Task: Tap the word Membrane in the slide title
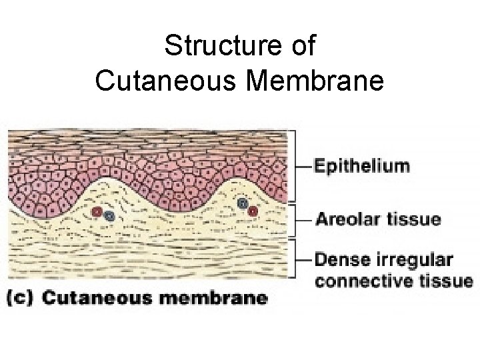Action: pyautogui.click(x=323, y=81)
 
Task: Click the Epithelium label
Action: pyautogui.click(x=362, y=165)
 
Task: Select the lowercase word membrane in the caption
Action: pyautogui.click(x=211, y=298)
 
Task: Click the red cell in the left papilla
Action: pyautogui.click(x=97, y=212)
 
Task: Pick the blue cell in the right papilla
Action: pyautogui.click(x=243, y=203)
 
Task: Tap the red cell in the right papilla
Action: pyautogui.click(x=253, y=211)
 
